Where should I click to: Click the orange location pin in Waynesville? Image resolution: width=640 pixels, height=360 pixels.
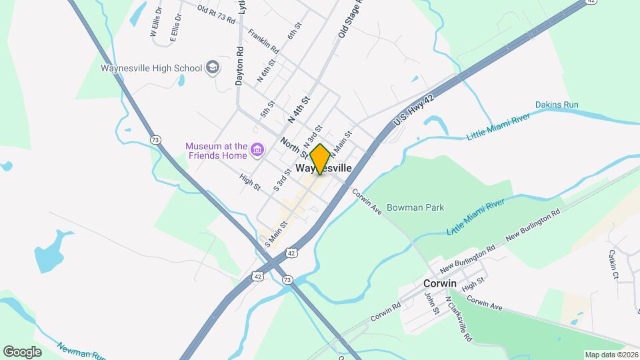[x=320, y=159]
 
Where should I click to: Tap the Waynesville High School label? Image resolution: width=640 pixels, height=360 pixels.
[x=151, y=68]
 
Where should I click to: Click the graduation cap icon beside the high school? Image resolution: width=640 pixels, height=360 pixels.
[x=213, y=67]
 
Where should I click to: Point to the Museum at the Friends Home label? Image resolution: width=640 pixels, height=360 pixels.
[x=217, y=151]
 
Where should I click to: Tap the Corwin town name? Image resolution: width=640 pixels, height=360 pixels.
[x=440, y=283]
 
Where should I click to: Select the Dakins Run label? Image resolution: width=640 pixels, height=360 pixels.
[x=557, y=105]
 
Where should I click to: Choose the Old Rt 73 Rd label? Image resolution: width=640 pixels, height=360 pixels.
[x=217, y=14]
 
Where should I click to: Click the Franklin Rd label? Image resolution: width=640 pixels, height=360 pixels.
[x=263, y=40]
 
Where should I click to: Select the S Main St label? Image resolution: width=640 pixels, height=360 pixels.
[x=275, y=235]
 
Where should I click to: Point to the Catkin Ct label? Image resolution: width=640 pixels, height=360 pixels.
[x=613, y=264]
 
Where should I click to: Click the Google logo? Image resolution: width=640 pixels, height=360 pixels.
[x=22, y=351]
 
